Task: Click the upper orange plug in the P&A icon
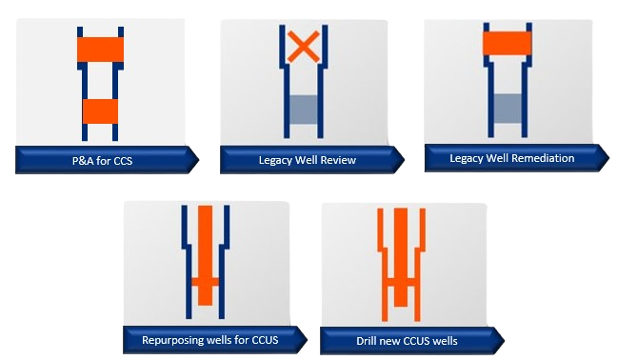[100, 50]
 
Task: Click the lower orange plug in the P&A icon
[100, 110]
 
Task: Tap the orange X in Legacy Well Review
[304, 47]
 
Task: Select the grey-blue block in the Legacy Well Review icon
[304, 110]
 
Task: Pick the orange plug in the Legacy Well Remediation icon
[508, 43]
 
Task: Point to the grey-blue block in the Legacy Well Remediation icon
[508, 108]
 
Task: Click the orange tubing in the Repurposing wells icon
[205, 255]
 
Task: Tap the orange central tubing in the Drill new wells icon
[401, 257]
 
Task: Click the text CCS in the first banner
[123, 161]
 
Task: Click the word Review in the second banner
[338, 160]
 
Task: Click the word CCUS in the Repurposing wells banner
[265, 340]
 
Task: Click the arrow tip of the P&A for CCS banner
[199, 160]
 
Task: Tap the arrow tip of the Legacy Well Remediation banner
[608, 158]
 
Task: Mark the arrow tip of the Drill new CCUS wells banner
[504, 341]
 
